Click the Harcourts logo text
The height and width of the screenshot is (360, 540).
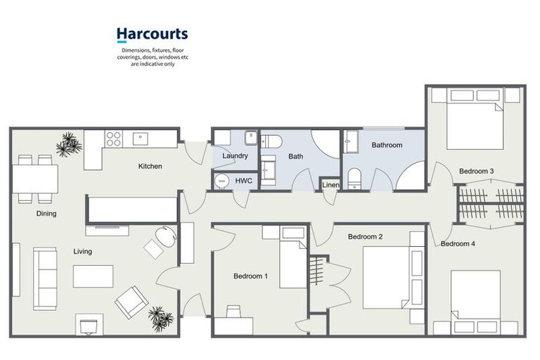(152, 34)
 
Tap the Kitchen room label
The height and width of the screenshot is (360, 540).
(150, 167)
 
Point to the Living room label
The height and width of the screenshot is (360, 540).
(82, 251)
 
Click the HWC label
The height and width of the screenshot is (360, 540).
(243, 181)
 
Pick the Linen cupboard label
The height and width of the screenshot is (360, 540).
(330, 185)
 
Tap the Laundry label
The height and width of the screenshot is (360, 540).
(234, 155)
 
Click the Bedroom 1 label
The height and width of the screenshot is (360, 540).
(250, 276)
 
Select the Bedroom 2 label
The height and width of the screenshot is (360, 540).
(365, 237)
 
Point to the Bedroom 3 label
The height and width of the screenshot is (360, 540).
(476, 171)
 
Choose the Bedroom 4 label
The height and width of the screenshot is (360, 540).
(458, 244)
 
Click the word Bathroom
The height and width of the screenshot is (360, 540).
(387, 146)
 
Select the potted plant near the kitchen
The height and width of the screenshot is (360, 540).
(69, 144)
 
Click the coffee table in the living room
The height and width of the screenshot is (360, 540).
(93, 276)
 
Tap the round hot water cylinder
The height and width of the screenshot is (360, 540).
(222, 181)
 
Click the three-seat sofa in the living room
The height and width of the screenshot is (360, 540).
(46, 279)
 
